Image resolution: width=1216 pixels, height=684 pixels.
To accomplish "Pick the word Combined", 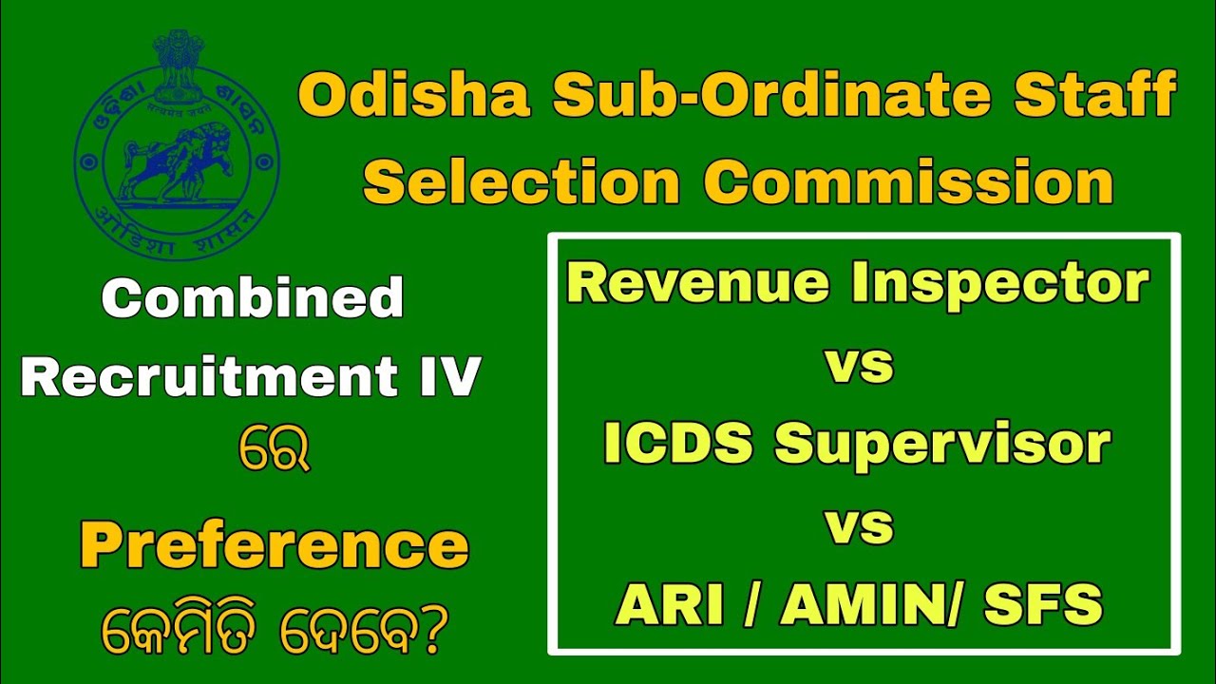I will point(253,299).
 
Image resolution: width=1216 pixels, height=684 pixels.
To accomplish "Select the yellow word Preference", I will point(274,547).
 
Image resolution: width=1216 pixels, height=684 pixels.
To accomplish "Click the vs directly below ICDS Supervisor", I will point(860,525).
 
